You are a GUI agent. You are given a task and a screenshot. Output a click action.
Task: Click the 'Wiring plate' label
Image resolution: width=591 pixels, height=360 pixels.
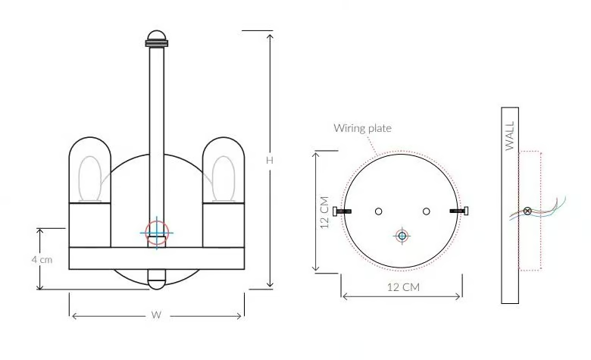[362, 129]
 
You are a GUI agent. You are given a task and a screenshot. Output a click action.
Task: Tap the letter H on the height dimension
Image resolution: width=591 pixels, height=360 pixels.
[270, 160]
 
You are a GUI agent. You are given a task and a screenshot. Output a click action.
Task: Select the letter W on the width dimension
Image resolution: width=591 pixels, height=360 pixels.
[156, 315]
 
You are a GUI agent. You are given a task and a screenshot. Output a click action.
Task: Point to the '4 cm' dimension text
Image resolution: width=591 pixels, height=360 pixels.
[42, 260]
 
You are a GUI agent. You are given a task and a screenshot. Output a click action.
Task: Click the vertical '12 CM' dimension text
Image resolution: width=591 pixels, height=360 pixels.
[324, 212]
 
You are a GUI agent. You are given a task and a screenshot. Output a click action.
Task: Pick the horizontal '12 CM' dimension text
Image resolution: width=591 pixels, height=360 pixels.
[403, 287]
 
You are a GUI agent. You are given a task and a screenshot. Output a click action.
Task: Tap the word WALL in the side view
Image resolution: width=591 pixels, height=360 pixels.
[510, 136]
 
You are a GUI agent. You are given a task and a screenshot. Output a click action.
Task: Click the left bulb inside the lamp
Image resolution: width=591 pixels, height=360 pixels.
[90, 179]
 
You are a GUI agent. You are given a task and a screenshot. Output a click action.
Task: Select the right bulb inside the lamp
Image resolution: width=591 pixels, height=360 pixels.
[224, 179]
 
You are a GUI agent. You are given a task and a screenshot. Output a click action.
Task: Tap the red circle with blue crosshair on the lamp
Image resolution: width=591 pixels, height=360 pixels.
[156, 233]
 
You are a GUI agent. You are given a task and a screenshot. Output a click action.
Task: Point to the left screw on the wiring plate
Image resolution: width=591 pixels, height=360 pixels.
[342, 211]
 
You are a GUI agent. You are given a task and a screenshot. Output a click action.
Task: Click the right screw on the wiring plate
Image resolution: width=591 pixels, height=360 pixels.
[459, 211]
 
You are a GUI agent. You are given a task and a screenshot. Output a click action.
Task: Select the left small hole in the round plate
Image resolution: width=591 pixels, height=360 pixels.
[378, 211]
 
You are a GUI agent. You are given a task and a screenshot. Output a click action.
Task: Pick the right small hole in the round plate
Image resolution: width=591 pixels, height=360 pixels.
[427, 211]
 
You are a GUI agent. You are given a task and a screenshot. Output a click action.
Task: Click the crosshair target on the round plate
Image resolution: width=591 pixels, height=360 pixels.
[402, 236]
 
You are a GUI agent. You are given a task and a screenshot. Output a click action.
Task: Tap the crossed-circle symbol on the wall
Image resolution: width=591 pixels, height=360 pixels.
[527, 211]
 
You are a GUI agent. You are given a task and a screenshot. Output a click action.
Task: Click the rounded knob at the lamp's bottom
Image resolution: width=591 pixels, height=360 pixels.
[156, 280]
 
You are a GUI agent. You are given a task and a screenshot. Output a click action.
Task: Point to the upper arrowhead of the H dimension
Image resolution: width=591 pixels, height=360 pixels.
[270, 36]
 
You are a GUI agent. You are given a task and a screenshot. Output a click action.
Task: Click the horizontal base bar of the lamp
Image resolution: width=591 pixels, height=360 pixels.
[156, 258]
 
